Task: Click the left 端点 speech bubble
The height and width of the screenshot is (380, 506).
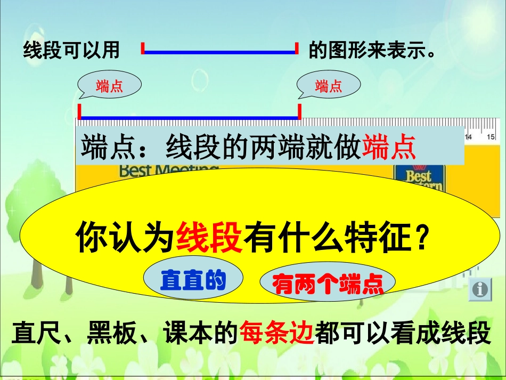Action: click(110, 85)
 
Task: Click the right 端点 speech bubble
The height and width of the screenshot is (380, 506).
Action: click(329, 85)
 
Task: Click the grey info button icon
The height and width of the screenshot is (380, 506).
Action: click(480, 289)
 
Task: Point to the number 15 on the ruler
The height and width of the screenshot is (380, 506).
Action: click(489, 137)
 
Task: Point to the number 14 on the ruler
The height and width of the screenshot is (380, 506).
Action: click(469, 137)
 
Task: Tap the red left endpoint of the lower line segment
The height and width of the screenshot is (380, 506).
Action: click(79, 111)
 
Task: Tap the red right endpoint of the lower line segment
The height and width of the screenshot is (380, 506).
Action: click(299, 111)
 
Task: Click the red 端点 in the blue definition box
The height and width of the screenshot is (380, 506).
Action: click(389, 147)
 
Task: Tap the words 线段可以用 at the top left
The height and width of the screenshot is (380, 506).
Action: click(71, 51)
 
